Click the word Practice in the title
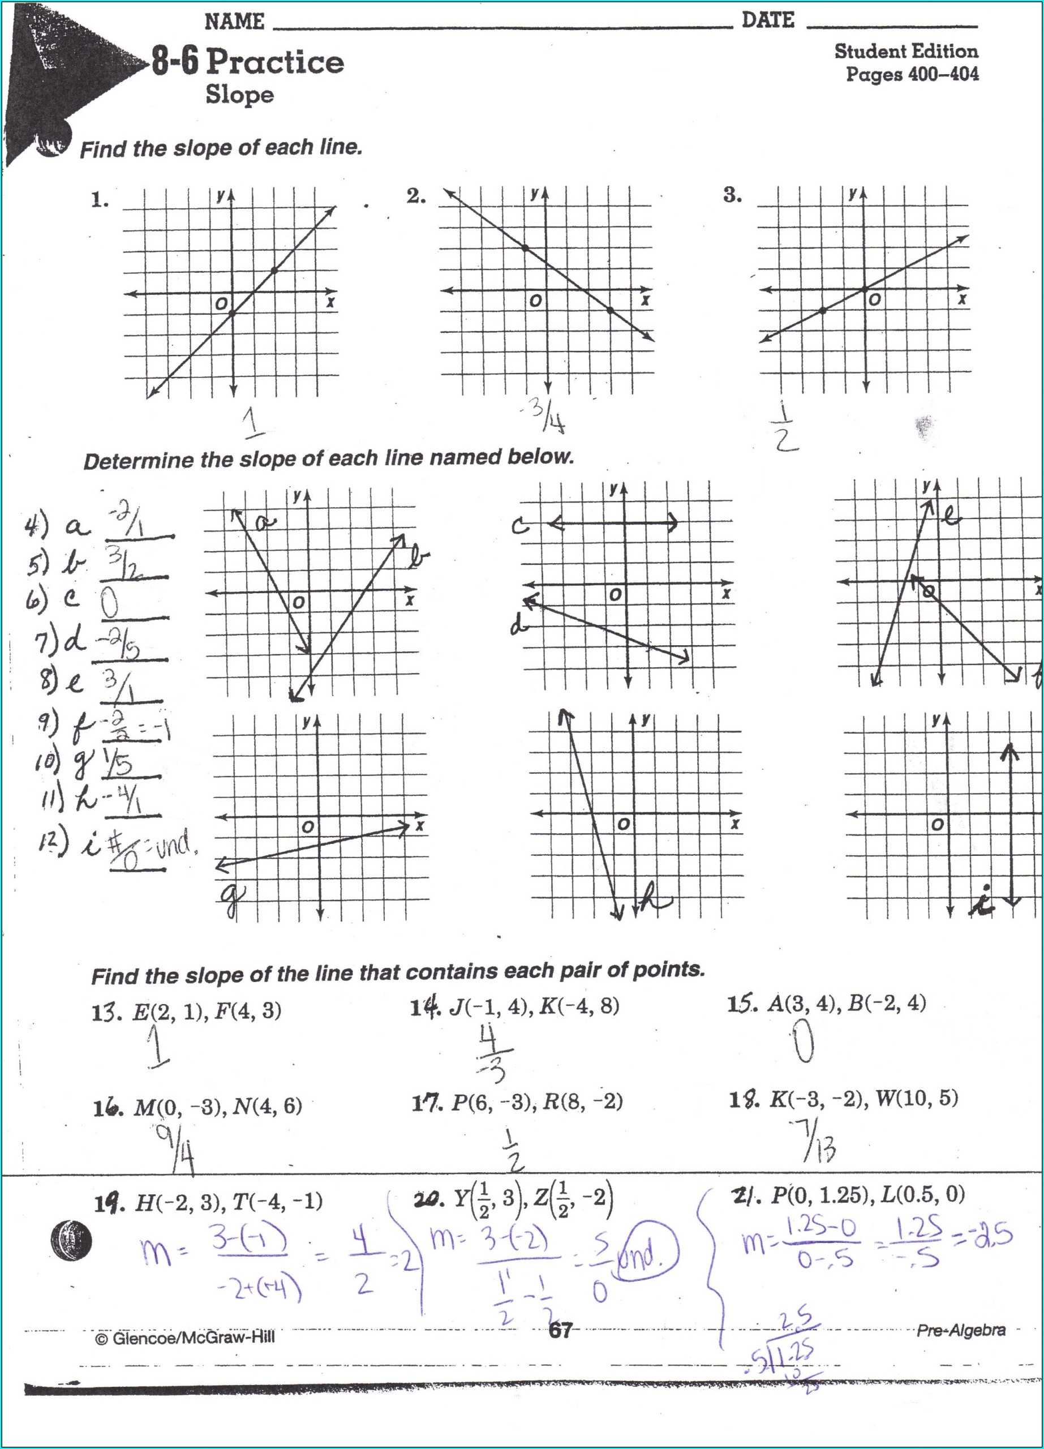(274, 62)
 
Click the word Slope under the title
(239, 95)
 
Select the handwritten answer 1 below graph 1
(254, 423)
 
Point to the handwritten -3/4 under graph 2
(548, 417)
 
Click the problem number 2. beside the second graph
(416, 196)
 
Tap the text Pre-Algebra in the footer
(960, 1330)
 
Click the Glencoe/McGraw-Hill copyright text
(185, 1337)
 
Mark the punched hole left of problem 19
(71, 1241)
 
